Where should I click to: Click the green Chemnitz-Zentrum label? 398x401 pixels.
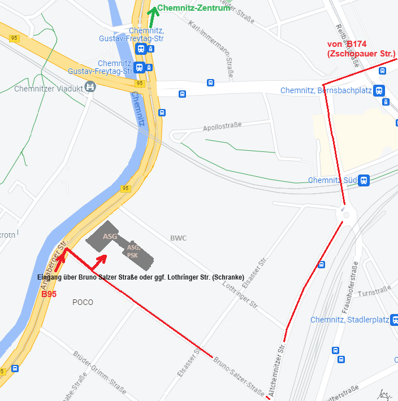[194, 8]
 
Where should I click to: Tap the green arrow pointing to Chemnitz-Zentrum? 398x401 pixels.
[152, 14]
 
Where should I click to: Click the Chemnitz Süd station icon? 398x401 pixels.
[364, 180]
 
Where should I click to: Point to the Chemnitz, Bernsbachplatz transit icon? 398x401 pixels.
[378, 90]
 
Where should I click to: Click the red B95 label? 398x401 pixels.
[49, 294]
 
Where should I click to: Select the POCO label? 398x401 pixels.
[83, 303]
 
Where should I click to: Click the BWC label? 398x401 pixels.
[178, 238]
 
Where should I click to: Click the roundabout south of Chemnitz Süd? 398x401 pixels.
[345, 214]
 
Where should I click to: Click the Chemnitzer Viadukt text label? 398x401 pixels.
[48, 88]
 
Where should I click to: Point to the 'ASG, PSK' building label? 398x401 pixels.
[133, 251]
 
